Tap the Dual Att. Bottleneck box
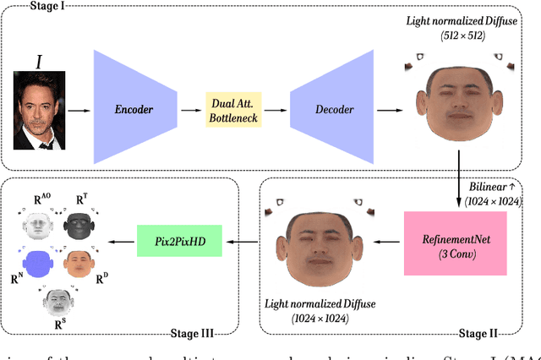[x=237, y=110]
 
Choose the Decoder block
[x=333, y=110]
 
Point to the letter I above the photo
[x=37, y=62]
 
